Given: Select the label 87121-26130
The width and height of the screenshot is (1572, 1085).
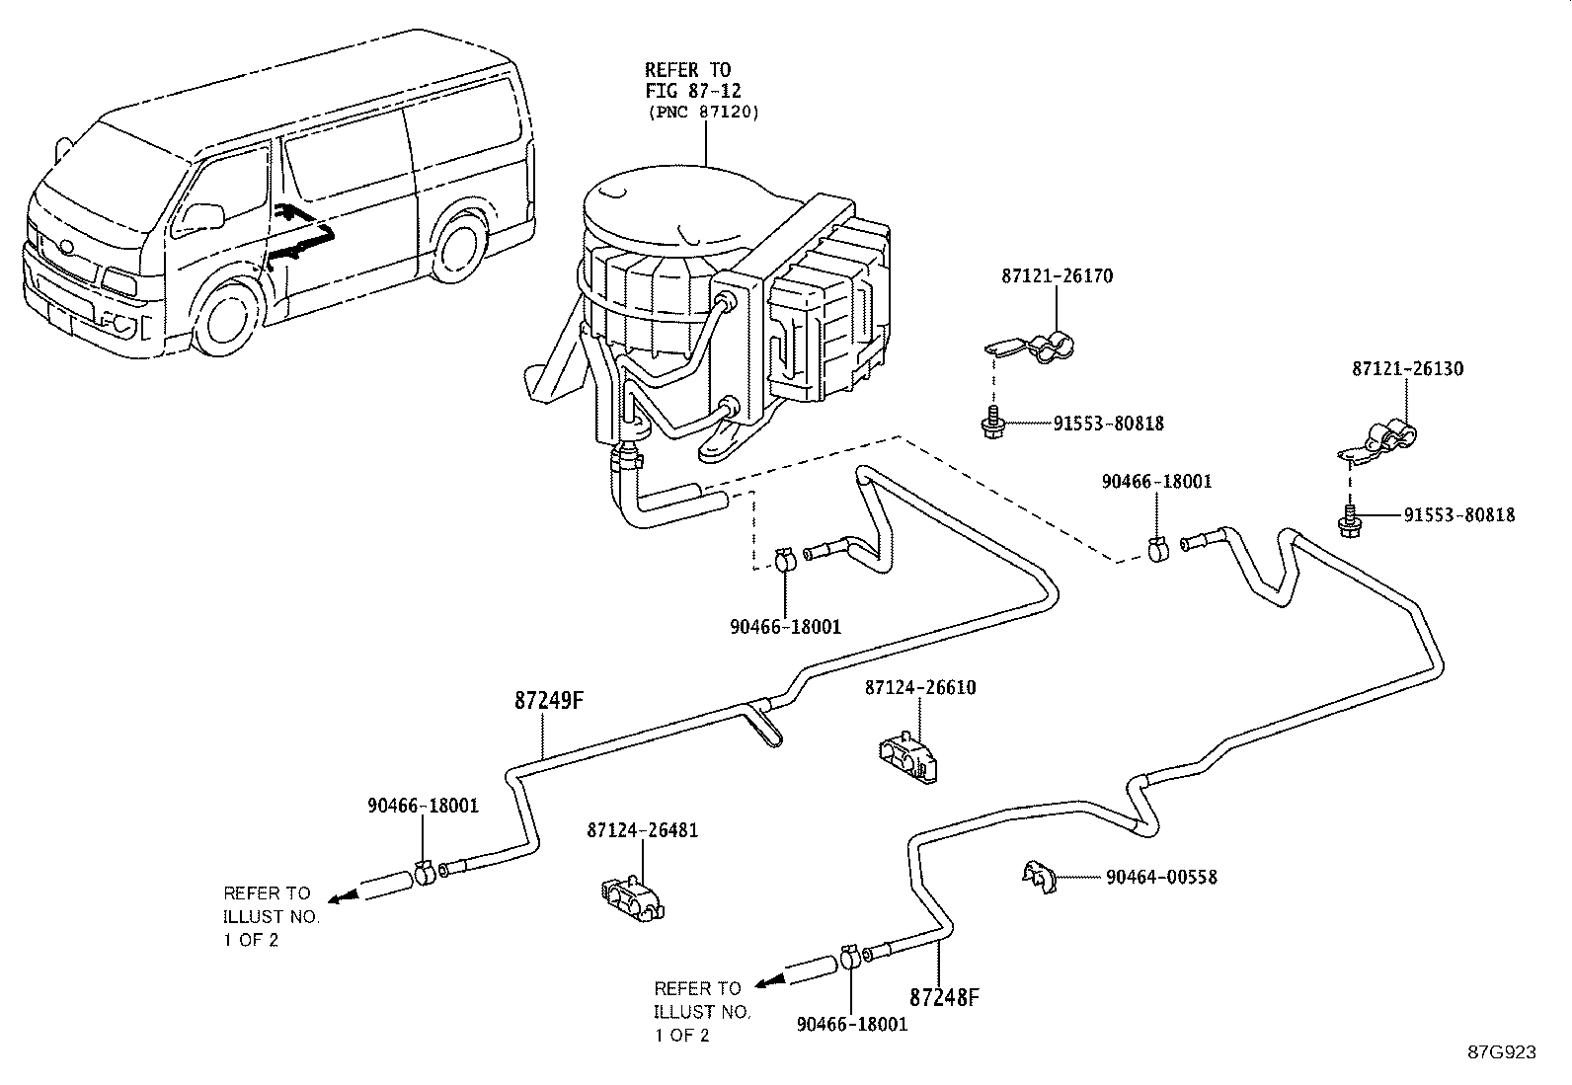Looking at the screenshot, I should pyautogui.click(x=1407, y=369).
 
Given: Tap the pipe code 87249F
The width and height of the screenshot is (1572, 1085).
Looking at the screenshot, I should pyautogui.click(x=550, y=701).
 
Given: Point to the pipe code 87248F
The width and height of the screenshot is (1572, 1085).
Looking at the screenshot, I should pyautogui.click(x=944, y=997).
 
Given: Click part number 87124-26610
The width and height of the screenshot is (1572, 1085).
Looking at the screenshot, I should pyautogui.click(x=920, y=687).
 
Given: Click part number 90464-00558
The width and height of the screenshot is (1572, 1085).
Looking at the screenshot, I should pyautogui.click(x=1161, y=877).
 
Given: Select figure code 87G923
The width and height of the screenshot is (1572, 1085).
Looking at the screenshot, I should pyautogui.click(x=1501, y=1052).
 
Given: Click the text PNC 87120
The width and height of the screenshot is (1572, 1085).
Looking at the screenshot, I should pyautogui.click(x=703, y=113).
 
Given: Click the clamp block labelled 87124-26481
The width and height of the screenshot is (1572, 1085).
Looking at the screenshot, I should pyautogui.click(x=632, y=896).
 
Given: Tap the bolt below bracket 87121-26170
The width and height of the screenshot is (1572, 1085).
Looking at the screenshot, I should pyautogui.click(x=990, y=424).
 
